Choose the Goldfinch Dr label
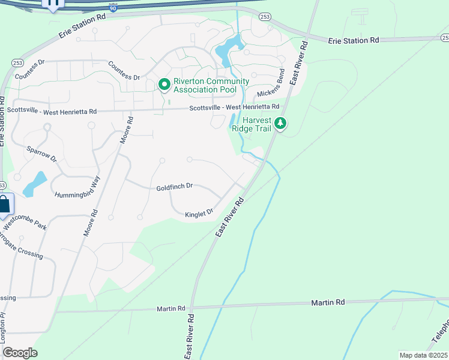174,187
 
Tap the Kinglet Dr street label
199,213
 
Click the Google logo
20,353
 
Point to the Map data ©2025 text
423,355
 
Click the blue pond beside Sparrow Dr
34,184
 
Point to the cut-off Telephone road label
439,336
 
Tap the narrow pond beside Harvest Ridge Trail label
233,121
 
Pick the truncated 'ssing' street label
7,298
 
